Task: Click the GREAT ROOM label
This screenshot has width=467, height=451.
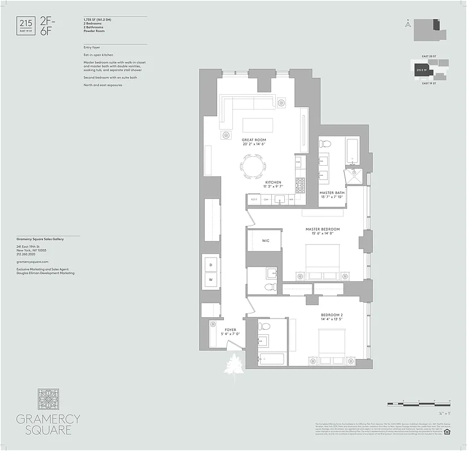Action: point(254,140)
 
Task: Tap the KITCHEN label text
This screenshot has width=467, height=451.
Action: point(274,183)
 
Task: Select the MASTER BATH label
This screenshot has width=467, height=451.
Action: point(332,192)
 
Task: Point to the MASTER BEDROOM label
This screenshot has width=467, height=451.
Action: point(323,229)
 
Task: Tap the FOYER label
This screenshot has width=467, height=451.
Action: point(231,330)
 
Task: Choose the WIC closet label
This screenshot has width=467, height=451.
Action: point(266,240)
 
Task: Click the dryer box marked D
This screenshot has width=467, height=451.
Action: point(211,264)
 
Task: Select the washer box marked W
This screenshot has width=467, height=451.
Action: point(211,280)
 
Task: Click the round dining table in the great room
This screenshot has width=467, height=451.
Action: point(252,166)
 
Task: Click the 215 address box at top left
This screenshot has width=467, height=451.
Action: point(26,25)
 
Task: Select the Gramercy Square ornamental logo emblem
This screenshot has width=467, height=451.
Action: point(48,399)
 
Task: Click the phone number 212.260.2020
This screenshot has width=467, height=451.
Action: point(28,253)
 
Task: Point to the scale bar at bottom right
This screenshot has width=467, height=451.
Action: point(418,404)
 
